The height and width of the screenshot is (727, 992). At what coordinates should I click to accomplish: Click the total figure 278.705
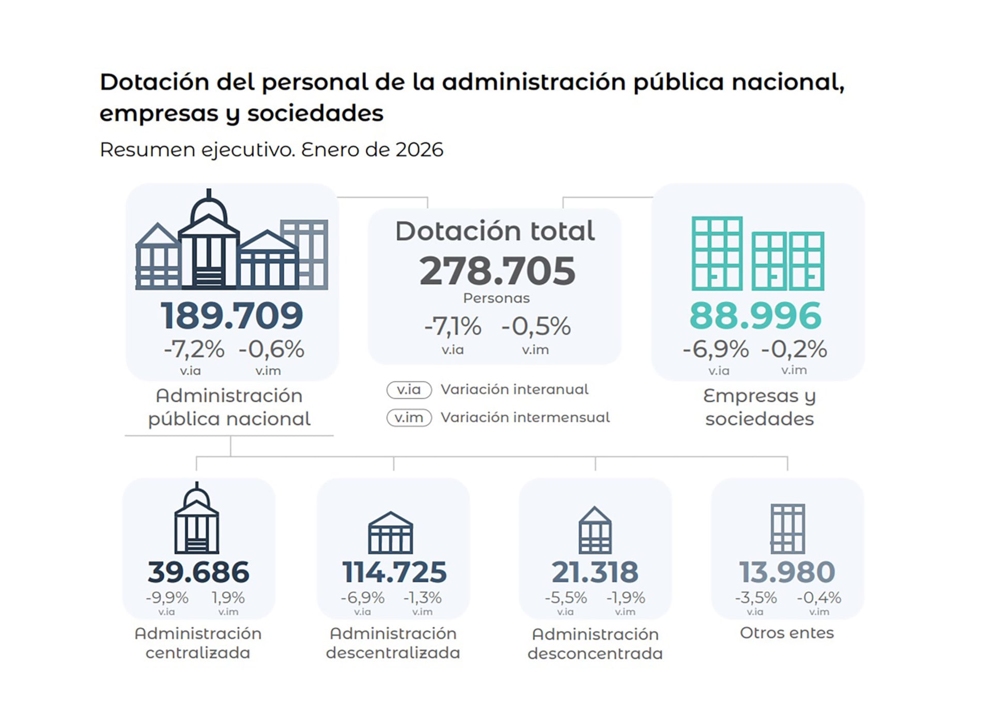pyautogui.click(x=497, y=271)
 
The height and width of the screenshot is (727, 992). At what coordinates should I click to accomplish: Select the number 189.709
pyautogui.click(x=231, y=315)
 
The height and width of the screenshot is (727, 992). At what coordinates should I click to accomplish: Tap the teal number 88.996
pyautogui.click(x=755, y=315)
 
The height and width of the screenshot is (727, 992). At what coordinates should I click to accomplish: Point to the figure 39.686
pyautogui.click(x=198, y=572)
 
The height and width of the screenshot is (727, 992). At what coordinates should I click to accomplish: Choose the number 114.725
pyautogui.click(x=394, y=572)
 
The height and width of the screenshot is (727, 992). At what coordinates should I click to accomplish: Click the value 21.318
pyautogui.click(x=595, y=572)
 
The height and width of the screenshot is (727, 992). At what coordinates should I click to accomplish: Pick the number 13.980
pyautogui.click(x=787, y=572)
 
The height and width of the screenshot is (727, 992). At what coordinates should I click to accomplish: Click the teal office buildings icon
pyautogui.click(x=757, y=253)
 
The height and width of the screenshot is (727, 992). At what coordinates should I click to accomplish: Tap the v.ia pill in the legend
pyautogui.click(x=409, y=389)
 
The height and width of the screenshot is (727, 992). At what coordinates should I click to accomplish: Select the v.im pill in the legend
pyautogui.click(x=409, y=417)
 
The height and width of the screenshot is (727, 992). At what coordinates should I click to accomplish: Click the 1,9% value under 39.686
pyautogui.click(x=228, y=598)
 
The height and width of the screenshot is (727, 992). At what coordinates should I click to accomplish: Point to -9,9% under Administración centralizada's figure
pyautogui.click(x=167, y=598)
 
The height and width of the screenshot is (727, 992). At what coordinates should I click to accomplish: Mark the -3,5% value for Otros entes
pyautogui.click(x=756, y=598)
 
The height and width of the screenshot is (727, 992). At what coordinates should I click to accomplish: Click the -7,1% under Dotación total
pyautogui.click(x=453, y=326)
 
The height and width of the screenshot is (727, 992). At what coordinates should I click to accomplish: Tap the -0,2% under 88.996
pyautogui.click(x=794, y=349)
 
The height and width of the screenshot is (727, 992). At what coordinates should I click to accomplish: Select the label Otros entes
pyautogui.click(x=786, y=633)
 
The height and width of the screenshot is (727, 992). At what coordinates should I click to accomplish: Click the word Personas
pyautogui.click(x=497, y=298)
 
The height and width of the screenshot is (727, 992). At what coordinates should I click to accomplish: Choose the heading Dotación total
pyautogui.click(x=495, y=231)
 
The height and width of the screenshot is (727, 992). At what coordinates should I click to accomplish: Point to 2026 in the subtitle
pyautogui.click(x=419, y=149)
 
